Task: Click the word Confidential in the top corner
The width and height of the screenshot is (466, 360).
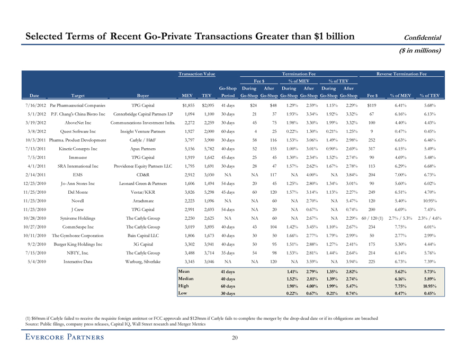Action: coord(423,37)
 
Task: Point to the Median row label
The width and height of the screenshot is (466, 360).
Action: coord(186,278)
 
